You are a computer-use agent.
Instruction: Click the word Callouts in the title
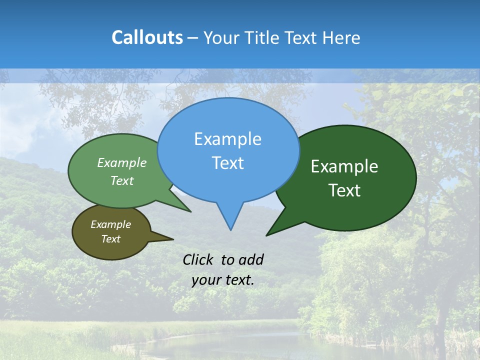(147, 37)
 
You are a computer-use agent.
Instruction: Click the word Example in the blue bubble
(227, 139)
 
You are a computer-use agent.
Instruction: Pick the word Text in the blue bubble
(227, 163)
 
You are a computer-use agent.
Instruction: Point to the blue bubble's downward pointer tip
(230, 229)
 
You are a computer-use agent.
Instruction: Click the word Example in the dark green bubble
(344, 166)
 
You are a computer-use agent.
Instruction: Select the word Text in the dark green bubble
(344, 190)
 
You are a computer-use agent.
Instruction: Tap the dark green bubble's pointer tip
(267, 235)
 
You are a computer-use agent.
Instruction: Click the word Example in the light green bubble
(122, 162)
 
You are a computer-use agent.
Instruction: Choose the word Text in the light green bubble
(122, 180)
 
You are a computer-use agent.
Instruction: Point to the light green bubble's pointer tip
(190, 212)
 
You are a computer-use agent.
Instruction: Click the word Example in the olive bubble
(110, 224)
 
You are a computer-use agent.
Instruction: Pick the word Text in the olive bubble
(110, 239)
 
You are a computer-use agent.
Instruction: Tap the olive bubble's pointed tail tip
(173, 239)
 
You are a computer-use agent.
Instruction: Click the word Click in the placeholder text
(199, 259)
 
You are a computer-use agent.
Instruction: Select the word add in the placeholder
(251, 259)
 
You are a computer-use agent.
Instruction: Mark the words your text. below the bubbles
(223, 280)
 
